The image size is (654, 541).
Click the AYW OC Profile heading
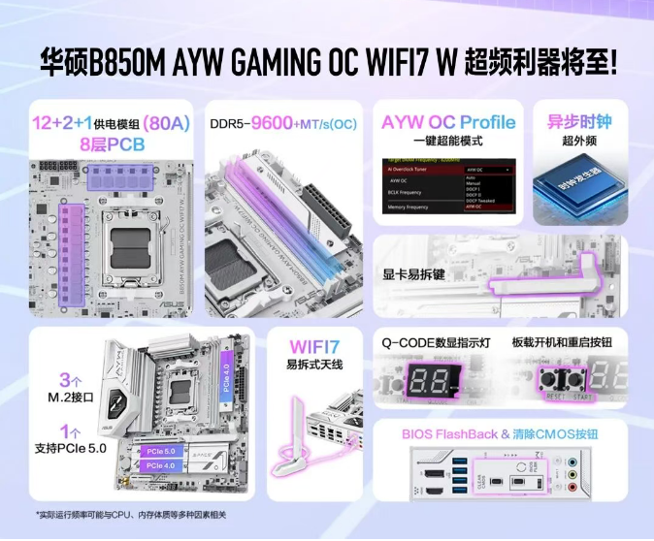[447, 123]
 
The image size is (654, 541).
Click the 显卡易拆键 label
[414, 274]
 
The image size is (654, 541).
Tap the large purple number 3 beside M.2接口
[65, 379]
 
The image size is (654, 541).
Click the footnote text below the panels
[130, 514]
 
